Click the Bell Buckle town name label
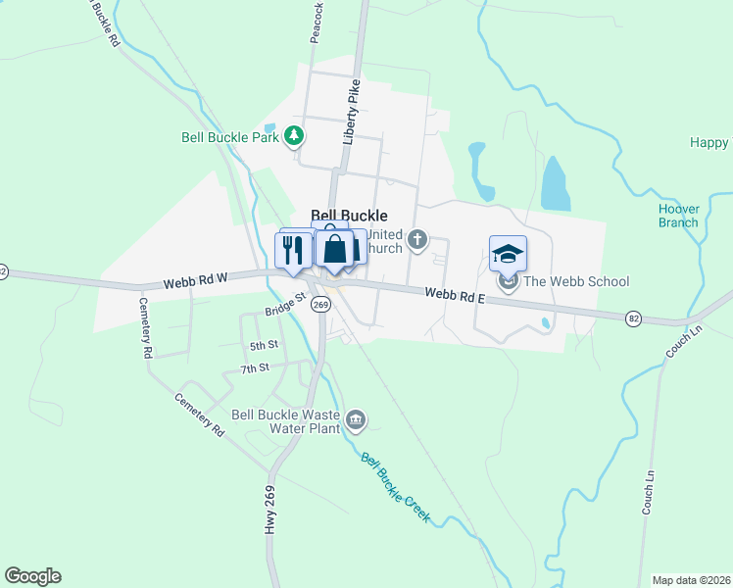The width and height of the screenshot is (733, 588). (x=349, y=216)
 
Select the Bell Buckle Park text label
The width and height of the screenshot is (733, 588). (x=230, y=137)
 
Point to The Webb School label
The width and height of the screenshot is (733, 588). (x=576, y=282)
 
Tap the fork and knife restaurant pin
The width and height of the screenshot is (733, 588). (x=293, y=252)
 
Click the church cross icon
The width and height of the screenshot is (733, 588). (x=417, y=239)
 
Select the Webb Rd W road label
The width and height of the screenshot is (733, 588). (x=196, y=279)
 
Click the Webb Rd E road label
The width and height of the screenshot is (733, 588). (x=455, y=293)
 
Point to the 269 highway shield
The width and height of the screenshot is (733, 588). (x=320, y=305)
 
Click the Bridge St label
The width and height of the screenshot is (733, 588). (x=285, y=311)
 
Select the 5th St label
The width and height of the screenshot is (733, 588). (x=264, y=345)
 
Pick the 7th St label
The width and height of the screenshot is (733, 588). (x=254, y=368)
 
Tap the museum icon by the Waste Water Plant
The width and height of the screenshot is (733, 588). (x=355, y=420)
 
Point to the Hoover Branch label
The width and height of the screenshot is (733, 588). (x=678, y=216)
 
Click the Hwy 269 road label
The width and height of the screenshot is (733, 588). (x=269, y=510)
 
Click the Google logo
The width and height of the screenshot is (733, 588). (x=32, y=576)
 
